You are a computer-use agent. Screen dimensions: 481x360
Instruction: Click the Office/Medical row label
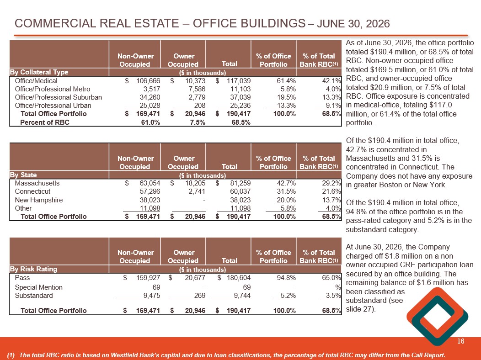coord(36,81)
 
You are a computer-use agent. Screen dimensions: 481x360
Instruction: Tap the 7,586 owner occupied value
coord(195,89)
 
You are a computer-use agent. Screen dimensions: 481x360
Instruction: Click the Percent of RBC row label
coord(45,122)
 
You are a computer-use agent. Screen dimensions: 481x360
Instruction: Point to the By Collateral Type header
coord(39,72)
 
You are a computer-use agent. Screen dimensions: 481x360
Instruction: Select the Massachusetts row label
coord(37,183)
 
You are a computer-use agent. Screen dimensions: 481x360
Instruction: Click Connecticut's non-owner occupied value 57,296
coord(150,191)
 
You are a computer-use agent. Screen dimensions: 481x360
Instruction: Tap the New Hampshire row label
coord(39,200)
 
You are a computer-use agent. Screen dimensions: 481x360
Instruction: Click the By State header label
coord(23,175)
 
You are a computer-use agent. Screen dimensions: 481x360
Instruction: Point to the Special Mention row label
coord(39,287)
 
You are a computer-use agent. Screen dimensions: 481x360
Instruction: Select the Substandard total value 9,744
coord(242,296)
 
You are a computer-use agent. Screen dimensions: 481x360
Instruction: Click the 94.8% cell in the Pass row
coord(286,278)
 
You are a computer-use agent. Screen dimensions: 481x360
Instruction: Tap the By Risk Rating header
coord(33,269)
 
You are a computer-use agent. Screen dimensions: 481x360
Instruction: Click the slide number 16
coord(461,341)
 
